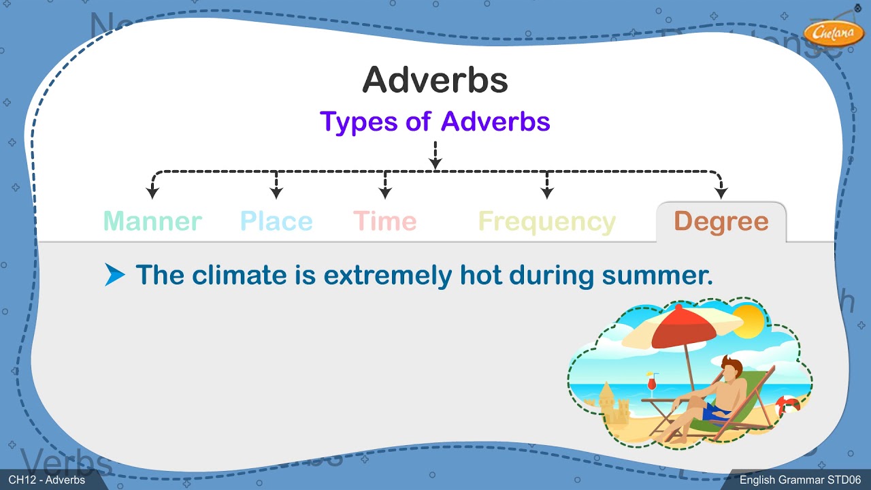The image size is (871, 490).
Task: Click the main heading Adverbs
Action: point(435,80)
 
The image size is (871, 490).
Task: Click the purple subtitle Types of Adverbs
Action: point(435,122)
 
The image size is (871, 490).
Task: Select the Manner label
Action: point(152,221)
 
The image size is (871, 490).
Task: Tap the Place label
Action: point(276,221)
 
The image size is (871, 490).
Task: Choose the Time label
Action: point(384,221)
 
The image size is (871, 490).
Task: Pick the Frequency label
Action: point(546,222)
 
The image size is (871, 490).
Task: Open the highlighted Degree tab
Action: point(721,222)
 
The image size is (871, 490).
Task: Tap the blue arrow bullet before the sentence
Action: point(115,275)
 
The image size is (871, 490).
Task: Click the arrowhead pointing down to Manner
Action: point(152,194)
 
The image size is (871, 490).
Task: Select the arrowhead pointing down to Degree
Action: point(721,194)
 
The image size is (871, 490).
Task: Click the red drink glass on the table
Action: point(652,384)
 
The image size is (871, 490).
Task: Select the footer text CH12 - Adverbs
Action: point(47,480)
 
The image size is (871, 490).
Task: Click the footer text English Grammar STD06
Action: point(800,480)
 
